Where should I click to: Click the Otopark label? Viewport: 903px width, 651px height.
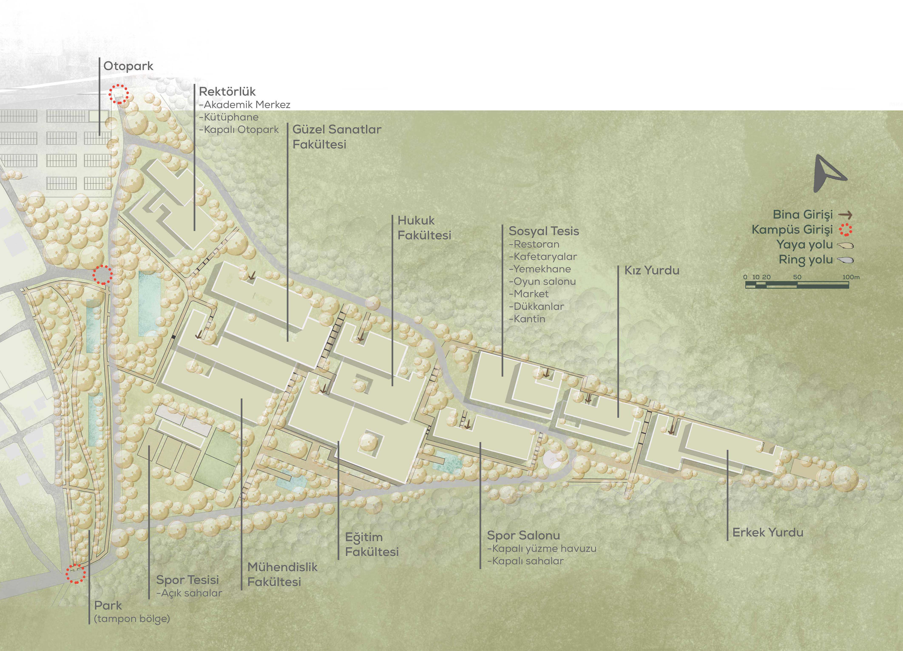(128, 66)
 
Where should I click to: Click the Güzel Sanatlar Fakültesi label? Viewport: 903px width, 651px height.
(337, 137)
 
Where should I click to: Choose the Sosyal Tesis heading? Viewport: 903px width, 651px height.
(544, 231)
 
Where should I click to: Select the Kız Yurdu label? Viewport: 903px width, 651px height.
(652, 270)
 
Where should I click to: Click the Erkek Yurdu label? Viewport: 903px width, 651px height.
(768, 532)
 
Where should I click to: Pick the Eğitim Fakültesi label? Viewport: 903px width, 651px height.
(372, 544)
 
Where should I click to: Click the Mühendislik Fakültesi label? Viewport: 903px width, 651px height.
(282, 574)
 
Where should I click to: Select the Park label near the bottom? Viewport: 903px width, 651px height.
(108, 606)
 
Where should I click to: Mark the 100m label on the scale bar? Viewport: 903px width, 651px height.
(851, 277)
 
